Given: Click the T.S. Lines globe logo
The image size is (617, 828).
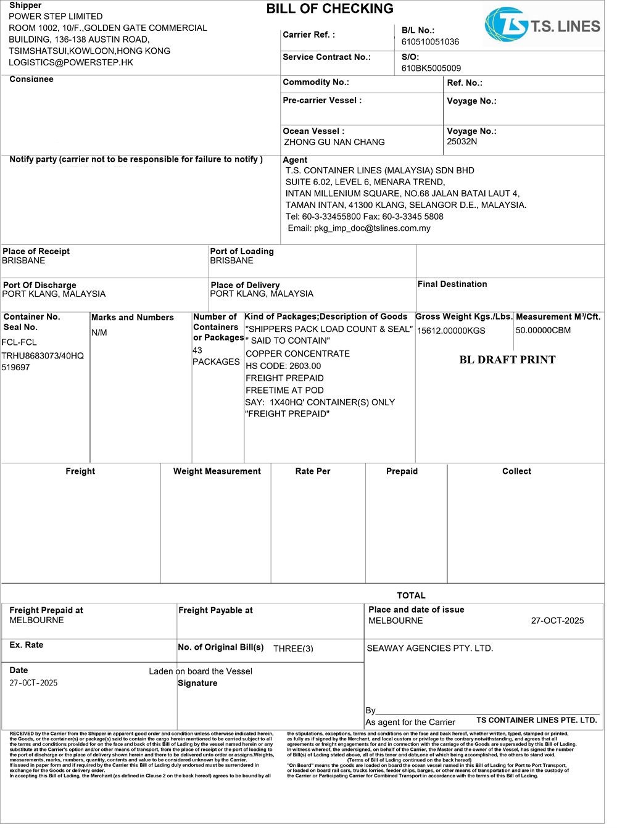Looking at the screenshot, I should click(505, 25).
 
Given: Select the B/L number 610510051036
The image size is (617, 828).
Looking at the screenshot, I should click(430, 42).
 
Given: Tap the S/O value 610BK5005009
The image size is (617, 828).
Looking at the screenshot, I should click(431, 68).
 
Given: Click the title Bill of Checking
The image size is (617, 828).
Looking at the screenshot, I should click(329, 9).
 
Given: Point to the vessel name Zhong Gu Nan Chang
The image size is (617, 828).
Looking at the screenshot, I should click(334, 143).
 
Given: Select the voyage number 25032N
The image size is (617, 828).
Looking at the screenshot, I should click(462, 141).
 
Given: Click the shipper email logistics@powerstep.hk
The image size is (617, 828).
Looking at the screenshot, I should click(71, 62).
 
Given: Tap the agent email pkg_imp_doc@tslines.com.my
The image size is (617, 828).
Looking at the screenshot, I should click(359, 228).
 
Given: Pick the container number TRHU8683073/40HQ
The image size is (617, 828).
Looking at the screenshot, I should click(43, 356).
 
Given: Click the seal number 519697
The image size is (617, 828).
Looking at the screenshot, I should click(15, 368).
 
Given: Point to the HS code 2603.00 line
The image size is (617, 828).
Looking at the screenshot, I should click(283, 366).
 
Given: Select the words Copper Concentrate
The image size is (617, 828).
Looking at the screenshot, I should click(297, 354).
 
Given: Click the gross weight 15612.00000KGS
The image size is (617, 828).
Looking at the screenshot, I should click(451, 331).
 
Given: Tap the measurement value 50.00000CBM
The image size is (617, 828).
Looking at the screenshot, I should click(543, 330).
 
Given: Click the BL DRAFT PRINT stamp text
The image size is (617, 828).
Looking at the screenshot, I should click(507, 360).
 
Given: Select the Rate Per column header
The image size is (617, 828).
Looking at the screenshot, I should click(312, 471).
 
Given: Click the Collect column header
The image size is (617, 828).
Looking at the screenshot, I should click(516, 471).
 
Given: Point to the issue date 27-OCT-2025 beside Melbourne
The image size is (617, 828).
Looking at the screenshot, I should click(557, 621).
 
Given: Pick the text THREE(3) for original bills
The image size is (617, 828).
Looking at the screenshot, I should click(293, 648).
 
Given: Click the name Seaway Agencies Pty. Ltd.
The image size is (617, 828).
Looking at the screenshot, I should click(430, 648).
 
